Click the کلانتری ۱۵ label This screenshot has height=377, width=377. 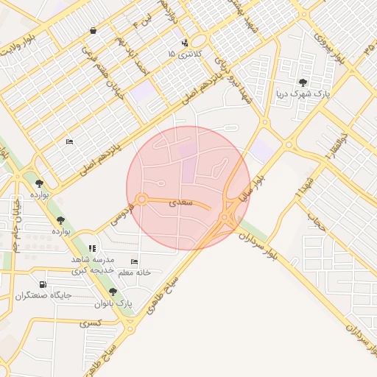[x=181, y=54]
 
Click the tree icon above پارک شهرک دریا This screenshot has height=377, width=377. [x=303, y=82]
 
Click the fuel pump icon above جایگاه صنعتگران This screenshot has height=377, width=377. [x=43, y=285]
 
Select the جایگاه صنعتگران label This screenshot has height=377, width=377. [x=43, y=296]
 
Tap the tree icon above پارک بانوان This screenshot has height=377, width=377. [x=113, y=292]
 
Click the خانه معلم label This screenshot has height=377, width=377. [x=134, y=272]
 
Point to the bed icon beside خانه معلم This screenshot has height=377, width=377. [x=134, y=261]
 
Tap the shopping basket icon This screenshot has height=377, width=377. [x=94, y=31]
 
